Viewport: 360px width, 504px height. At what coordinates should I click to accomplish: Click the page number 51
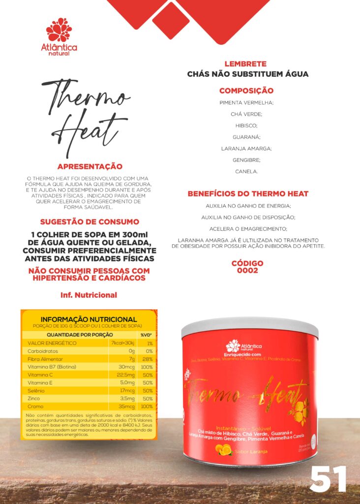(x=328, y=479)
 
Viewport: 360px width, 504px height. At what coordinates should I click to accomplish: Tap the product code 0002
(x=247, y=271)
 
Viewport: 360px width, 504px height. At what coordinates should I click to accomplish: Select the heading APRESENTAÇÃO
(x=90, y=167)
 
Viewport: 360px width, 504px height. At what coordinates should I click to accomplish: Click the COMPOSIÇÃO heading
(x=246, y=91)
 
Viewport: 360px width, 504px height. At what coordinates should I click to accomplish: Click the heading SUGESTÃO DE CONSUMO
(x=90, y=222)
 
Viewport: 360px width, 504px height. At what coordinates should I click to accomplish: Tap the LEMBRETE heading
(x=245, y=64)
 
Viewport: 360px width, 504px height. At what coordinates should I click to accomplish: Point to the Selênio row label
(x=37, y=390)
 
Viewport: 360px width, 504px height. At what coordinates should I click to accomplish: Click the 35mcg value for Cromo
(x=125, y=407)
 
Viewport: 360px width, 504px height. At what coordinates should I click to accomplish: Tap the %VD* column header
(x=146, y=335)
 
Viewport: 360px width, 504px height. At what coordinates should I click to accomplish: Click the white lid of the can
(x=249, y=327)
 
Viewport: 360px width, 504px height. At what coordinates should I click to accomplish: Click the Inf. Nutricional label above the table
(x=89, y=295)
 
